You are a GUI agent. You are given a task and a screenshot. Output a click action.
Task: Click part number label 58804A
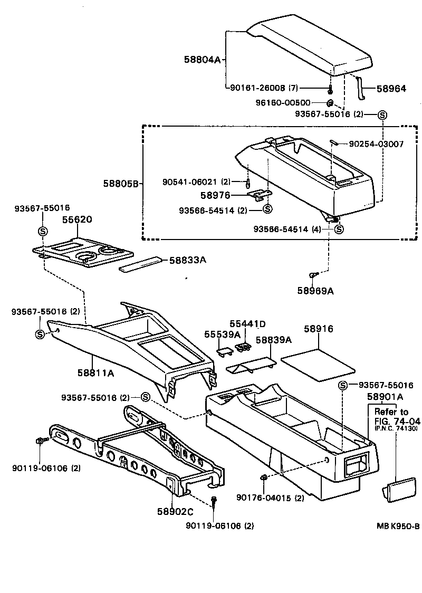coord(202,60)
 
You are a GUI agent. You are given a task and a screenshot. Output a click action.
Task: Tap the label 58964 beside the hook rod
coord(391,89)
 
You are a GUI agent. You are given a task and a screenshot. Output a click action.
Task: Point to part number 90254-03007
coord(376,144)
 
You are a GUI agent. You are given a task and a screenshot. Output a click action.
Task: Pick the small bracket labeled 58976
coord(258,195)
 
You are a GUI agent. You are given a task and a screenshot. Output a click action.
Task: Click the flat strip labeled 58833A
coord(140,264)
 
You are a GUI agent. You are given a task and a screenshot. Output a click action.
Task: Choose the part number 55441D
coord(247,323)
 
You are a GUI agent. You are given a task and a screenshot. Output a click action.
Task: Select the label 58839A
coord(274,340)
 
